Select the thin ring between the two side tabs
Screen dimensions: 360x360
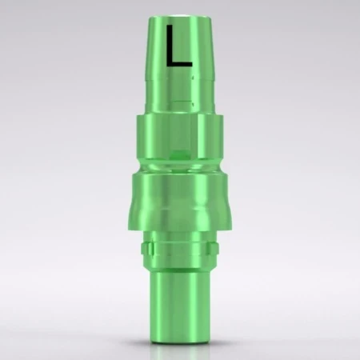click(x=180, y=249)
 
